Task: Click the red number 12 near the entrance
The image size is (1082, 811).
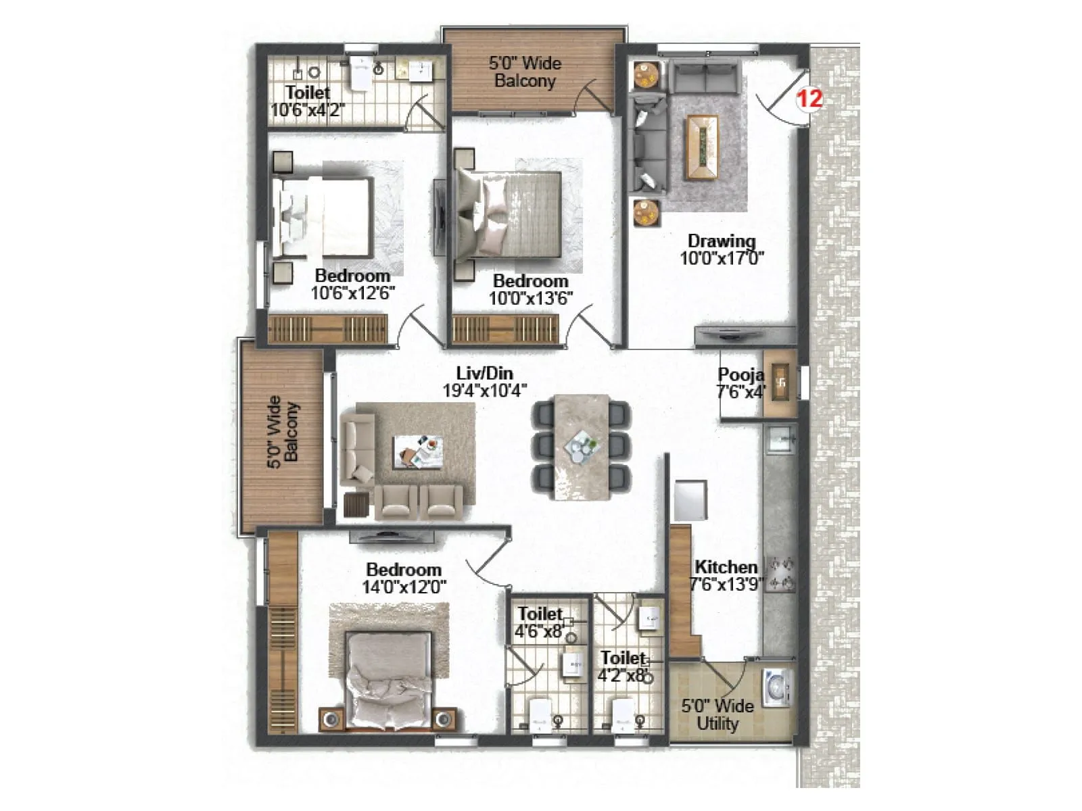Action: point(809,99)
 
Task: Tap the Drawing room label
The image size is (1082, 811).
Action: point(722,241)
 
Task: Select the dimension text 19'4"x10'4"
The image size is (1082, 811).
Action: point(484,391)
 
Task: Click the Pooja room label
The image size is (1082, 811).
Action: point(740,374)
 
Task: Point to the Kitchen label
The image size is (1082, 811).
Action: point(726,567)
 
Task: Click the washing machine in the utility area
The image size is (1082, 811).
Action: point(777,687)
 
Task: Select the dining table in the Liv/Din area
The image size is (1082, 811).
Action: point(581,446)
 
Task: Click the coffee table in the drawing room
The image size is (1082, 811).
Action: point(702,147)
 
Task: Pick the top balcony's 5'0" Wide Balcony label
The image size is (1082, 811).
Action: point(525,72)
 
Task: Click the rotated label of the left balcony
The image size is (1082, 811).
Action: point(283,433)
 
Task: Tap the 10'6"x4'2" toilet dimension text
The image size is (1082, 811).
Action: point(308,110)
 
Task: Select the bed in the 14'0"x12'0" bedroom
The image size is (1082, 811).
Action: point(388,679)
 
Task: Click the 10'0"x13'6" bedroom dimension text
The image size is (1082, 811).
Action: point(531,298)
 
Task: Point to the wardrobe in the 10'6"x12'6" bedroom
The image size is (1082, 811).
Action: point(327,329)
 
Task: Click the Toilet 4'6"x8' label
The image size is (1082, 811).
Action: point(539,622)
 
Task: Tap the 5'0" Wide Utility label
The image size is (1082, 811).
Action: point(717,714)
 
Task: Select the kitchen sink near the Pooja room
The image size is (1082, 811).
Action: point(781,439)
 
